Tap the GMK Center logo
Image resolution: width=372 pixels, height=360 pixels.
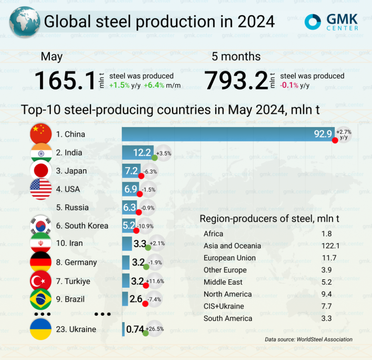331,22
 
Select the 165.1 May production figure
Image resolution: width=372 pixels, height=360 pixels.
64,81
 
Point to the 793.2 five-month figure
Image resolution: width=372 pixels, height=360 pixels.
236,81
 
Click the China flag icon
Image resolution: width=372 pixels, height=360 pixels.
41,134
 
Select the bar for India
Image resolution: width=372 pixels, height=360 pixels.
138,153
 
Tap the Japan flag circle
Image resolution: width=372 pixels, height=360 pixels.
41,171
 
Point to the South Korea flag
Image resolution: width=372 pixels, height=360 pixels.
41,226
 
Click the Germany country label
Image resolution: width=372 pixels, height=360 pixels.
76,262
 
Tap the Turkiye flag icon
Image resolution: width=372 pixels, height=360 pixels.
41,281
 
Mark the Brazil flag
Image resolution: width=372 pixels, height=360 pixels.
41,299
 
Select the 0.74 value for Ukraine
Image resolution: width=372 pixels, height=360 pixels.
135,329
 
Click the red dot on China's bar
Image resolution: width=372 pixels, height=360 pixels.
335,140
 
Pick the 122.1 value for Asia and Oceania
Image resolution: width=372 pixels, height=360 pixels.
327,246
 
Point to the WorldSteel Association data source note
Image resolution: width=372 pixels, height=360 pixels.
309,339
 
